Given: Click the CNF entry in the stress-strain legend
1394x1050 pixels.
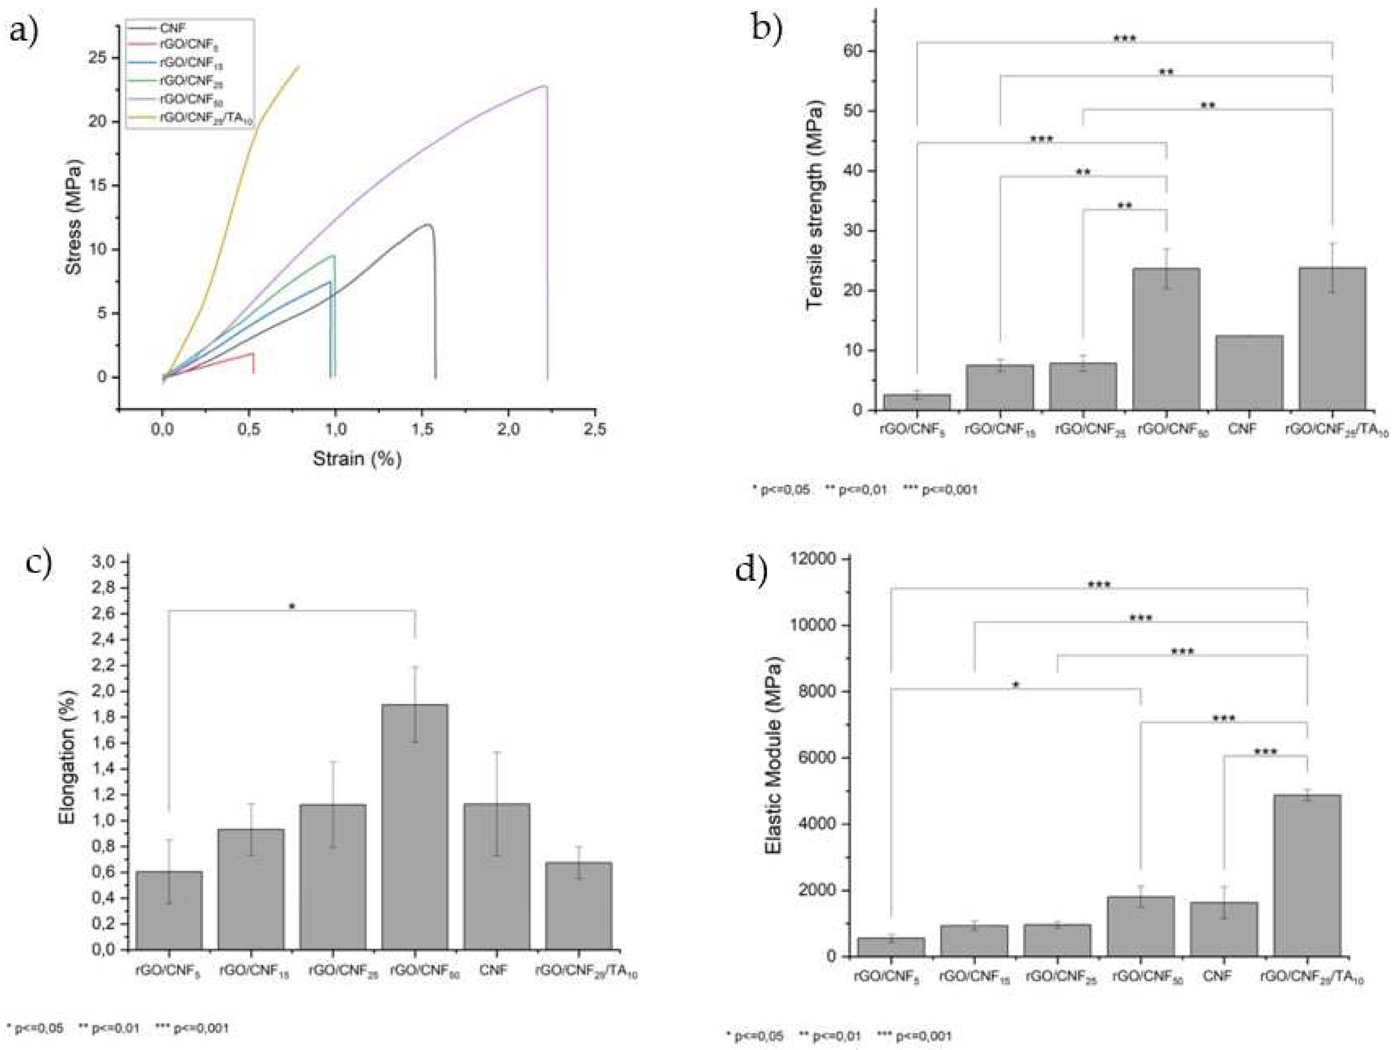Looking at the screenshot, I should [x=172, y=28].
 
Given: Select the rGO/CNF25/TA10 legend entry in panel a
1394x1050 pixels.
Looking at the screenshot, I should [x=205, y=118].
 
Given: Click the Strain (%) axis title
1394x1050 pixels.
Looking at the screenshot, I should [x=357, y=458].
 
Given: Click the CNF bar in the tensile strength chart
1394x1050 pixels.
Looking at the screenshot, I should [x=1249, y=373].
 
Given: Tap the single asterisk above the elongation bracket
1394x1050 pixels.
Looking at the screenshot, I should [x=292, y=608].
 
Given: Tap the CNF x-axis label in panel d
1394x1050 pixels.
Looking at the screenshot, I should [x=1217, y=976].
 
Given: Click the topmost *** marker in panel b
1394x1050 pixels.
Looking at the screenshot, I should [x=1124, y=39].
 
